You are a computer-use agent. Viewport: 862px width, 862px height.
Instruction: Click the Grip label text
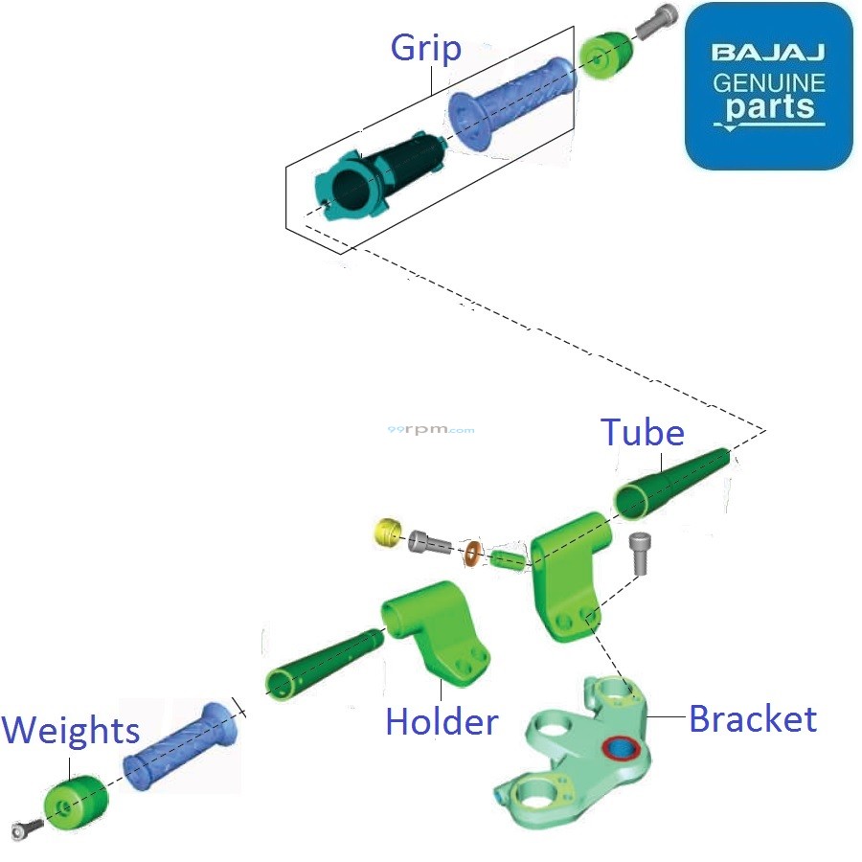425,49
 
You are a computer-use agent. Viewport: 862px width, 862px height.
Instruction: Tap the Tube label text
642,433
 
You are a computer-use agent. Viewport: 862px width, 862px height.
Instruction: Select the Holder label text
442,721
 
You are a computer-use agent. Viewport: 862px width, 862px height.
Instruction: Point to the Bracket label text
753,718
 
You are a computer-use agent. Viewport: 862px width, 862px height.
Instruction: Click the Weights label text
70,731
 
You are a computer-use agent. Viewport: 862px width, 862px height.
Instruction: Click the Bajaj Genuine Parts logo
768,85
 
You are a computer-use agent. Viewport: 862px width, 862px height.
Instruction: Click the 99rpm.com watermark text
431,430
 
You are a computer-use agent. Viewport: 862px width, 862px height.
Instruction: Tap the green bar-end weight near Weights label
77,803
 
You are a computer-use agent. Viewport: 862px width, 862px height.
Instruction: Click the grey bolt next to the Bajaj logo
655,22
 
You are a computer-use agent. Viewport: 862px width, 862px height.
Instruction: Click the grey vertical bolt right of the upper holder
640,554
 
